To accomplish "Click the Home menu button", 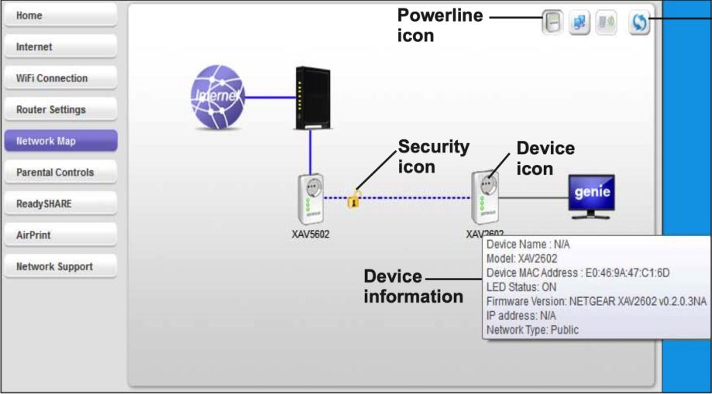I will click(x=60, y=15).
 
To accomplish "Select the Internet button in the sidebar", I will click(x=60, y=46).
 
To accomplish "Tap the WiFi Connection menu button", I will click(x=60, y=78).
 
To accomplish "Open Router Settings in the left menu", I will click(x=60, y=109).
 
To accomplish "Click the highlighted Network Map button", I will click(x=60, y=141).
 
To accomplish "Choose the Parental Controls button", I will click(x=60, y=172).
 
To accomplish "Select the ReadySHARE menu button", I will click(x=60, y=204).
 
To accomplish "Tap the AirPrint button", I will click(x=60, y=235).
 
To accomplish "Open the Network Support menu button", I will click(x=60, y=266).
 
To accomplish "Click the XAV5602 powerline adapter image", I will click(x=310, y=200).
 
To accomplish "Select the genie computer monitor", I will click(x=592, y=195).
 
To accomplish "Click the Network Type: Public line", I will click(x=532, y=330).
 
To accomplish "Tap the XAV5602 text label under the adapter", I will click(x=310, y=235).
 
